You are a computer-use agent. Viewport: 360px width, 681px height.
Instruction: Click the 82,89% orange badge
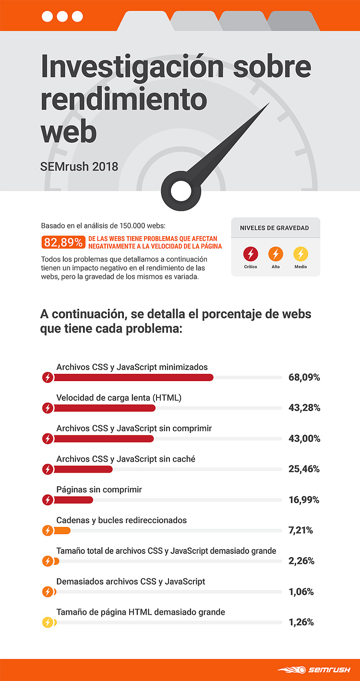pos(63,242)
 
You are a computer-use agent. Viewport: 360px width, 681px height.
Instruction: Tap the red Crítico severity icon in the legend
pos(251,254)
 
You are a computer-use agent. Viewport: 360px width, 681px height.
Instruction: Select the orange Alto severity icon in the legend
pos(276,254)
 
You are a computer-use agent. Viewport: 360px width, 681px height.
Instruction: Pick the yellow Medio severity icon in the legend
pos(300,254)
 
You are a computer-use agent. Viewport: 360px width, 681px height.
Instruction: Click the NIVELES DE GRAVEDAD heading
pos(274,228)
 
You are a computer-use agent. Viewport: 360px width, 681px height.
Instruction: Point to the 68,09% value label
pos(304,377)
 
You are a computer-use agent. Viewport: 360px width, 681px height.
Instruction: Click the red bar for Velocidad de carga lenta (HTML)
pos(105,408)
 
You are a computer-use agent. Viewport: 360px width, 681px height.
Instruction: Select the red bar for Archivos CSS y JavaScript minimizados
pos(133,377)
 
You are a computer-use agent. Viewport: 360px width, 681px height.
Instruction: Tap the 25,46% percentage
pos(304,469)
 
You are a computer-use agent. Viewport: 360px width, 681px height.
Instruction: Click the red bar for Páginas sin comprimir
pos(73,500)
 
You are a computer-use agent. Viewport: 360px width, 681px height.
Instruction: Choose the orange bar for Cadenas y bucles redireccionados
pos(62,530)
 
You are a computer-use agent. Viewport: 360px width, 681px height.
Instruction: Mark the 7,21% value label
pos(300,530)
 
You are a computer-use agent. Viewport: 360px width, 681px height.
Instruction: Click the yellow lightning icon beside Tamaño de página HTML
pos(48,622)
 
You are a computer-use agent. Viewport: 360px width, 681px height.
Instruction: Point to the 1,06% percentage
pos(301,592)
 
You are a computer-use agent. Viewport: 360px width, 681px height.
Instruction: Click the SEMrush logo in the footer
pos(314,670)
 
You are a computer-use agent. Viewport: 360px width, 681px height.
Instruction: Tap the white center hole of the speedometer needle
pos(181,191)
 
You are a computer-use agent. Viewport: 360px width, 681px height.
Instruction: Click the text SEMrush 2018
pos(79,167)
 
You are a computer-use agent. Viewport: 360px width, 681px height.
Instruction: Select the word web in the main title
pos(69,132)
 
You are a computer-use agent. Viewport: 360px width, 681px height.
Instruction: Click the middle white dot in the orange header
pos(62,16)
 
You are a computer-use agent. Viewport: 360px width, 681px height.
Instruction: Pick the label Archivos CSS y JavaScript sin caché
pos(126,459)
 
